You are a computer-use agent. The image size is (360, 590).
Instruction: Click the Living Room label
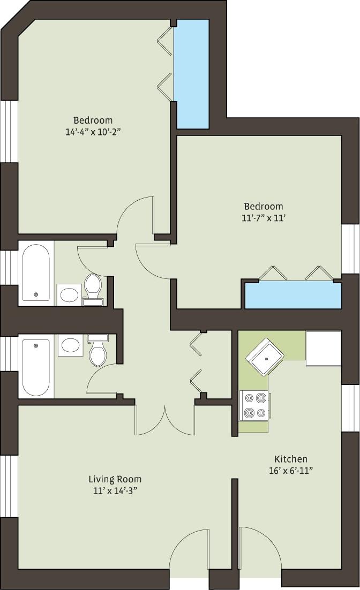click(115, 479)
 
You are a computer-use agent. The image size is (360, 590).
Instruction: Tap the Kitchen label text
click(291, 459)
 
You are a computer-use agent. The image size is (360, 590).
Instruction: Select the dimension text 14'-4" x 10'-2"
click(93, 131)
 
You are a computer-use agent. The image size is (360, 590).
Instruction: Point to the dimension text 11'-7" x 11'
click(263, 217)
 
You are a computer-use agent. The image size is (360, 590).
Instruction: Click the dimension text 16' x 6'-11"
click(291, 471)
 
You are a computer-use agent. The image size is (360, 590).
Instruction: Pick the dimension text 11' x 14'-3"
click(115, 490)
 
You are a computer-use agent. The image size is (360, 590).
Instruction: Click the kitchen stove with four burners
click(254, 405)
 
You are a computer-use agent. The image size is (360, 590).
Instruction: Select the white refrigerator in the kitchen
click(323, 349)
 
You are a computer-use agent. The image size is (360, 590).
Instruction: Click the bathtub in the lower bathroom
click(36, 367)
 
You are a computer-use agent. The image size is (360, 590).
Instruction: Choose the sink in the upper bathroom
click(69, 294)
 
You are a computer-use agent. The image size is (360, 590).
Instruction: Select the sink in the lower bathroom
click(70, 345)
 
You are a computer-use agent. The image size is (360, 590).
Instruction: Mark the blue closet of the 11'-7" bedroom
click(293, 296)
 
